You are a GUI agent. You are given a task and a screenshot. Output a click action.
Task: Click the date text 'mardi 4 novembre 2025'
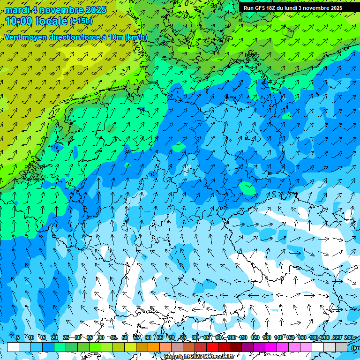pos(55,10)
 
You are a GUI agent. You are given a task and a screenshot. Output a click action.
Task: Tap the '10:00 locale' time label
pos(36,21)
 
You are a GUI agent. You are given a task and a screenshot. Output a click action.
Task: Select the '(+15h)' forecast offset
pos(81,21)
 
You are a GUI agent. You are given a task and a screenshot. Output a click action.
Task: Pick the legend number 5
pos(18,338)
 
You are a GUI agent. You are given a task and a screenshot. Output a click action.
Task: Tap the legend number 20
pos(54,338)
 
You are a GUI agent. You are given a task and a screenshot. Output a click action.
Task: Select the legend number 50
pos(125,338)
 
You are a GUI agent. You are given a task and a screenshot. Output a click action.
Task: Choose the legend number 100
pos(232,338)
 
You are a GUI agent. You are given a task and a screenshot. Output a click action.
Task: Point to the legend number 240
pos(348,338)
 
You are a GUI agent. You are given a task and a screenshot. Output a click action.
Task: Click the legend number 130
pos(267,338)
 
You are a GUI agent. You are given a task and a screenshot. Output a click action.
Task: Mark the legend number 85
pos(207,338)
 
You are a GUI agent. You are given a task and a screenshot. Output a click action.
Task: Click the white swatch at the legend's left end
pos(13,347)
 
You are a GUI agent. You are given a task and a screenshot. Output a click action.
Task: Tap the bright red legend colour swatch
pos(212,347)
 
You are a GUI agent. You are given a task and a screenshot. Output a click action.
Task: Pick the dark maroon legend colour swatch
pos(236,347)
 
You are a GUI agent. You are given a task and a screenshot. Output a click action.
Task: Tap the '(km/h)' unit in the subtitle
pos(136,37)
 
